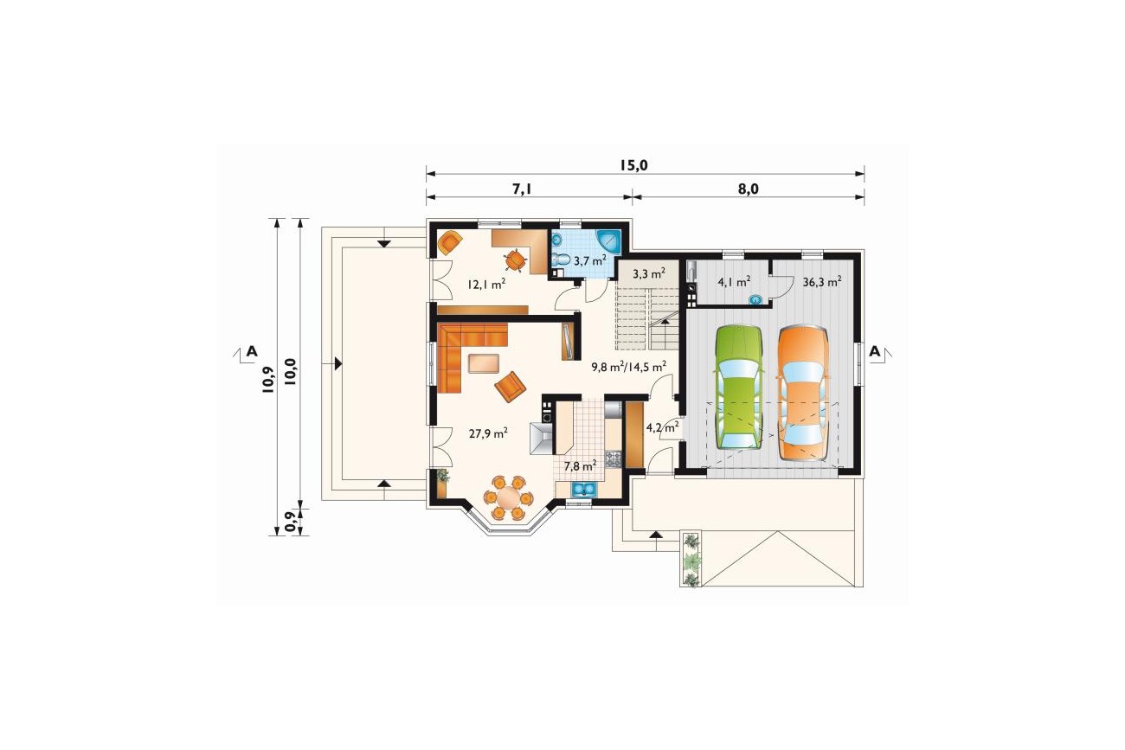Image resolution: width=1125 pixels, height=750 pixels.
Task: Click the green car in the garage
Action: click(x=738, y=387)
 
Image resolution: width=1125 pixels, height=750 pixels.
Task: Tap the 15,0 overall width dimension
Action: click(x=633, y=165)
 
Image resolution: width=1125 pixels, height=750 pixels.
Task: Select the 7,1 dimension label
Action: click(x=522, y=189)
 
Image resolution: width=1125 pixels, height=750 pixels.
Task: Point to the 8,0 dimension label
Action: click(x=748, y=189)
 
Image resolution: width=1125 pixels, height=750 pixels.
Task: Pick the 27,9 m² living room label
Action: click(x=137, y=433)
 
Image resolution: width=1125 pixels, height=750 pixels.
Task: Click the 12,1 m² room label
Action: click(x=135, y=284)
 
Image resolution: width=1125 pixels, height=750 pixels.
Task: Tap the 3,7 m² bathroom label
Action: click(x=590, y=260)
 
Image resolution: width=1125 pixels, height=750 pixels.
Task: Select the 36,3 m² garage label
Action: click(x=822, y=282)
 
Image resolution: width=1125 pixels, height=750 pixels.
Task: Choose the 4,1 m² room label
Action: click(x=734, y=282)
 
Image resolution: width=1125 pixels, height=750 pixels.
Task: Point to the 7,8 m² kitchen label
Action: click(x=580, y=466)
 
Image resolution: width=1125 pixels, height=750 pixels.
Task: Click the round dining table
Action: click(x=508, y=498)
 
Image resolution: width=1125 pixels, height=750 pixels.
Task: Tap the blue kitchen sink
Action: click(x=583, y=489)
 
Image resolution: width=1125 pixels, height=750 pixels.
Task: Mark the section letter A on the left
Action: click(x=252, y=351)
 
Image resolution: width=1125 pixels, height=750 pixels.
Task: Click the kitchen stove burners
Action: click(x=613, y=458)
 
